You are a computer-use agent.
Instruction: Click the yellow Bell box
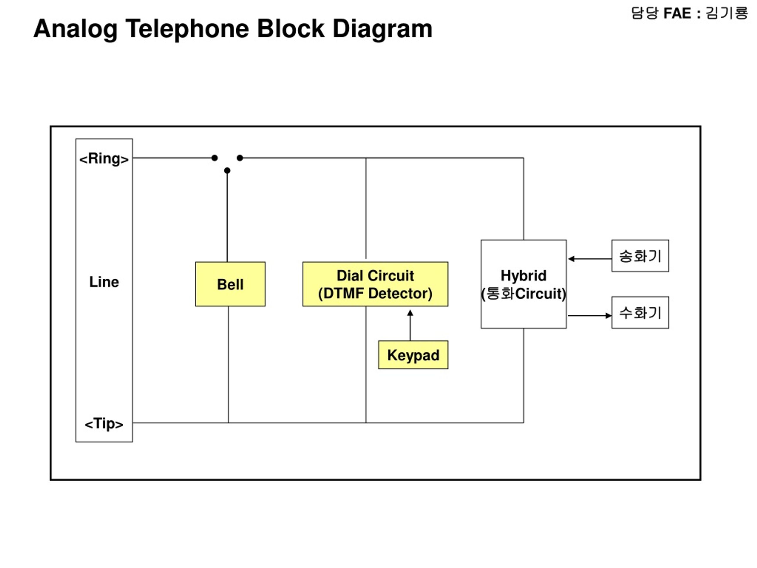coord(230,284)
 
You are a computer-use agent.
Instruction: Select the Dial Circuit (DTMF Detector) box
coord(376,284)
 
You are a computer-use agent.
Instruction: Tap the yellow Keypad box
coord(413,355)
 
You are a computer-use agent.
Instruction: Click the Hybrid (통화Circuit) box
coord(524,284)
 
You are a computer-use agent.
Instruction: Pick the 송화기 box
coord(640,256)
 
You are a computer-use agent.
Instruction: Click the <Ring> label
coord(104,159)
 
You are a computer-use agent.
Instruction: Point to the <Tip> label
coord(104,424)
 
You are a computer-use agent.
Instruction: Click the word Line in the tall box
coord(104,282)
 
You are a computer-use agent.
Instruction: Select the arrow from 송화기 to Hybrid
coord(590,259)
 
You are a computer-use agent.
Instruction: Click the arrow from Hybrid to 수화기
coord(590,316)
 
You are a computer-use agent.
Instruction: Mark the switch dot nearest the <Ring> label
coord(215,158)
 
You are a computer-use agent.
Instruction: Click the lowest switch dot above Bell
coord(227,170)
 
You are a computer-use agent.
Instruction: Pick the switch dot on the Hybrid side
coord(240,158)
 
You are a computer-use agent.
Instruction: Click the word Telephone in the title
coord(187,29)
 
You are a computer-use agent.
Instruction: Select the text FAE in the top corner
coord(677,14)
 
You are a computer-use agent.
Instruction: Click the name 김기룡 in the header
coord(727,13)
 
